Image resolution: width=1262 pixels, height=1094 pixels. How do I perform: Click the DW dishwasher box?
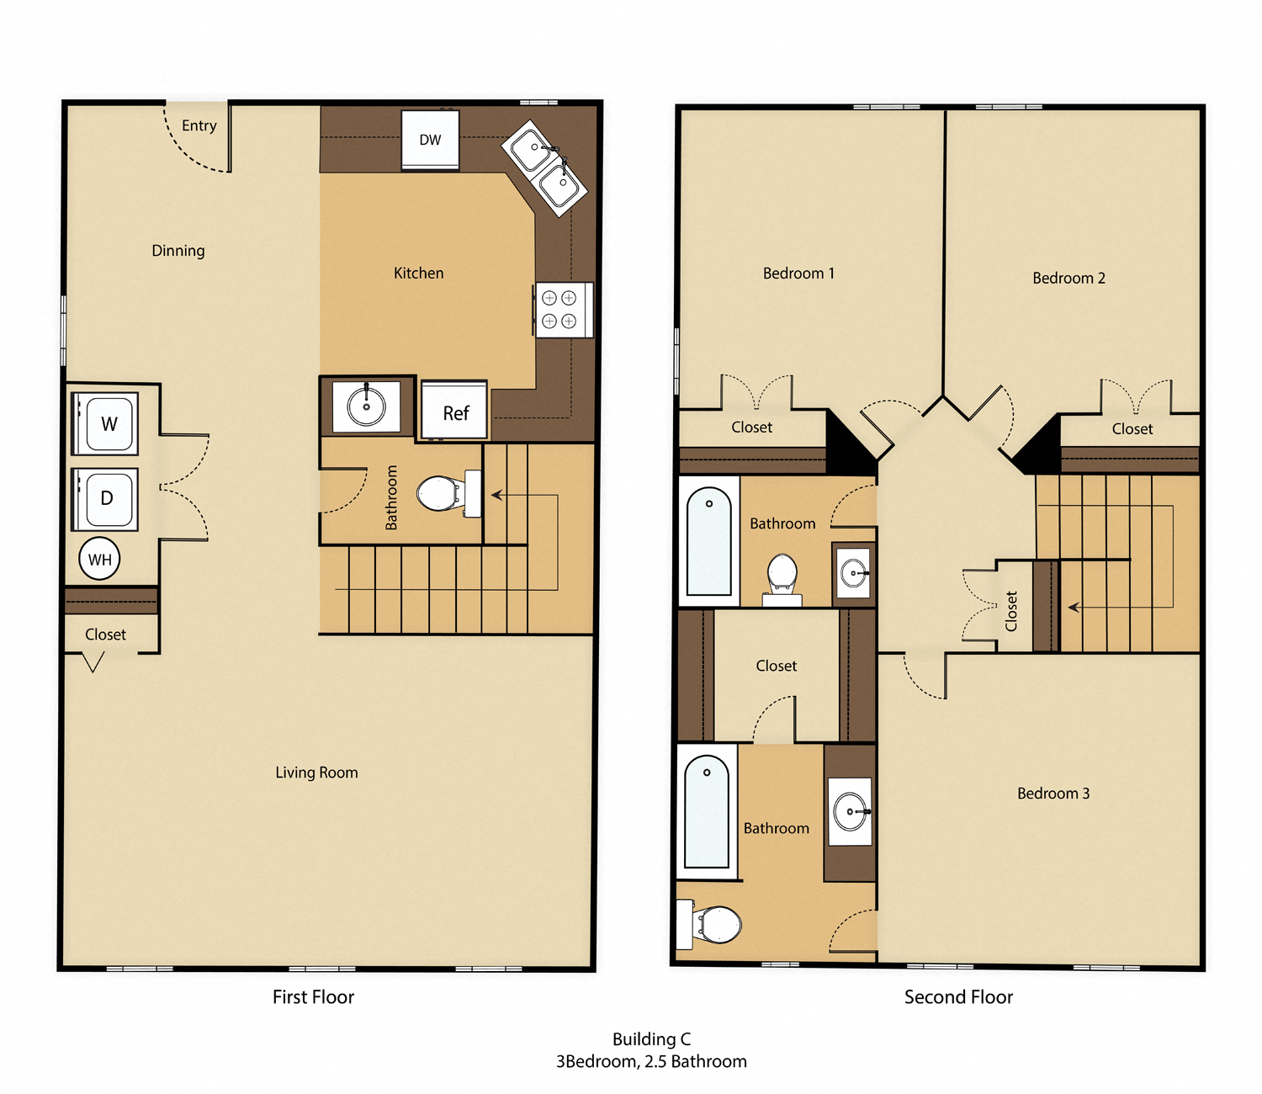click(x=430, y=140)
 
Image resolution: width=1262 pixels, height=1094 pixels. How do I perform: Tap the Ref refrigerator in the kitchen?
click(x=454, y=412)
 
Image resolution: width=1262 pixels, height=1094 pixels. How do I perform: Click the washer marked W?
click(x=107, y=423)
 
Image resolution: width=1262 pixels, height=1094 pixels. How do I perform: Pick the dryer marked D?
click(x=106, y=498)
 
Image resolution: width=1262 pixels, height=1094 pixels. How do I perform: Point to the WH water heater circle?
click(x=99, y=559)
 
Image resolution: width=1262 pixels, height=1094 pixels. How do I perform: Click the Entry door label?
click(x=199, y=125)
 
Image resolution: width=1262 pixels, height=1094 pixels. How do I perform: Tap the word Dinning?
click(x=178, y=250)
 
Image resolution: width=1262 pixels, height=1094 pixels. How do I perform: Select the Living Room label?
click(x=316, y=772)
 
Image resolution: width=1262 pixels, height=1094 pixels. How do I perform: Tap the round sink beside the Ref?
click(x=366, y=406)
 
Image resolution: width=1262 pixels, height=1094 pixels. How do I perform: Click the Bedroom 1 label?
click(x=798, y=273)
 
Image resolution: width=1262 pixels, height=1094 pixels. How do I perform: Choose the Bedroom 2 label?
click(x=1068, y=278)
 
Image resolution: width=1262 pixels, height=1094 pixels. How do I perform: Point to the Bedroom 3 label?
click(x=1053, y=793)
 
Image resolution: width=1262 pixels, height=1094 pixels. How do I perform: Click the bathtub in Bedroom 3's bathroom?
click(x=707, y=812)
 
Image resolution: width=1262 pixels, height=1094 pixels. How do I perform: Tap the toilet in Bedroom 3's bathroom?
click(x=716, y=924)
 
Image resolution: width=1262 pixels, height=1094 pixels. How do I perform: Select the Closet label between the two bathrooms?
click(x=776, y=666)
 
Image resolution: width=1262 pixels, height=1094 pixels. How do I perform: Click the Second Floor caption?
click(x=958, y=997)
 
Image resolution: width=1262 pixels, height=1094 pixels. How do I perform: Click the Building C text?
click(x=651, y=1039)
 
